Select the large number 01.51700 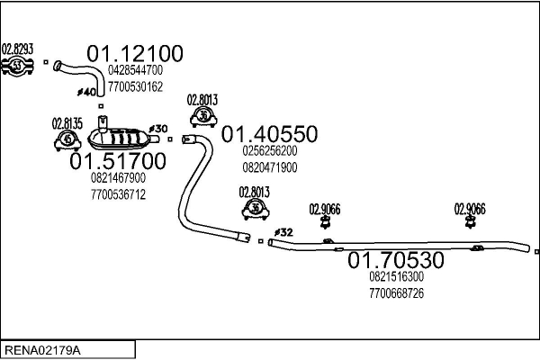[118, 162]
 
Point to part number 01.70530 [396, 261]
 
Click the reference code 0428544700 [135, 70]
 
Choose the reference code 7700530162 [135, 86]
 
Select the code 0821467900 [118, 178]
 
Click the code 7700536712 [118, 193]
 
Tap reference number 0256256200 [269, 151]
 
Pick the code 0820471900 [269, 167]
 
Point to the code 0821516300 [396, 277]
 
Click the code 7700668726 [396, 293]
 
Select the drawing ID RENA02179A [42, 349]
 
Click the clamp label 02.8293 [17, 49]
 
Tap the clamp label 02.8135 [67, 124]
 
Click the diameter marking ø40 [87, 91]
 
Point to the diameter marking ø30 [157, 129]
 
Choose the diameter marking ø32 [283, 232]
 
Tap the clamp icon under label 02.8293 [17, 65]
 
